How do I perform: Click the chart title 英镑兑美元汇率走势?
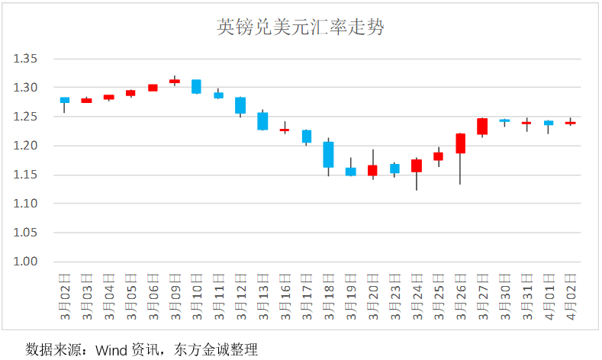pos(301,28)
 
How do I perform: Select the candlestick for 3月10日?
pos(196,86)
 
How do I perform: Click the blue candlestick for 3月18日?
pos(328,154)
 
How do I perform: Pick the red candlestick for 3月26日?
pos(460,143)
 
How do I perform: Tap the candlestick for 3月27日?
pos(482,127)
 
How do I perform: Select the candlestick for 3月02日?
pos(65,100)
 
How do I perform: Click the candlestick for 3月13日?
pos(262,121)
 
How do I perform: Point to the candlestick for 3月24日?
pos(417,166)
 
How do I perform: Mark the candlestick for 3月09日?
pos(175,81)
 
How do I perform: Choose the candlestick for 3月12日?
pos(240,105)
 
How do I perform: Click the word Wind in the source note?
pos(111,350)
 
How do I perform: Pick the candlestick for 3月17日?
pos(307,137)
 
